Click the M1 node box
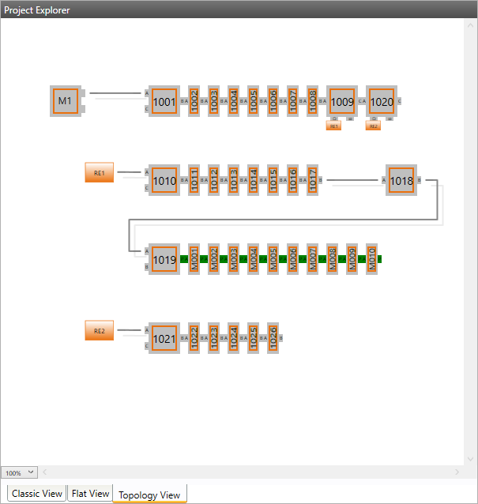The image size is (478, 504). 65,101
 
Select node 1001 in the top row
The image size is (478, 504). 164,101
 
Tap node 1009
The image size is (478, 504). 341,101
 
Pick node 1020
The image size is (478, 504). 381,101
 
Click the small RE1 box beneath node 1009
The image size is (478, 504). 333,126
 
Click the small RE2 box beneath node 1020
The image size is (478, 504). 373,126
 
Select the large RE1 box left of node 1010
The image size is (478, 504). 100,173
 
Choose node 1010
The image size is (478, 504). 164,181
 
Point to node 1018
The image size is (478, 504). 401,181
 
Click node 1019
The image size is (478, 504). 164,259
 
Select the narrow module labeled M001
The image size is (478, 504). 194,259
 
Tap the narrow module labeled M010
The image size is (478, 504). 371,259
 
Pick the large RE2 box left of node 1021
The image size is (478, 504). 100,331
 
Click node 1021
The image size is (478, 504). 164,338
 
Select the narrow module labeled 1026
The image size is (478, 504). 273,338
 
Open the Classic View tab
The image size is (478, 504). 37,494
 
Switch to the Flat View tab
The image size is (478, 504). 90,494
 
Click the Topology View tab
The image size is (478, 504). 149,495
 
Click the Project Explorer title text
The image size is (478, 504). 37,10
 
